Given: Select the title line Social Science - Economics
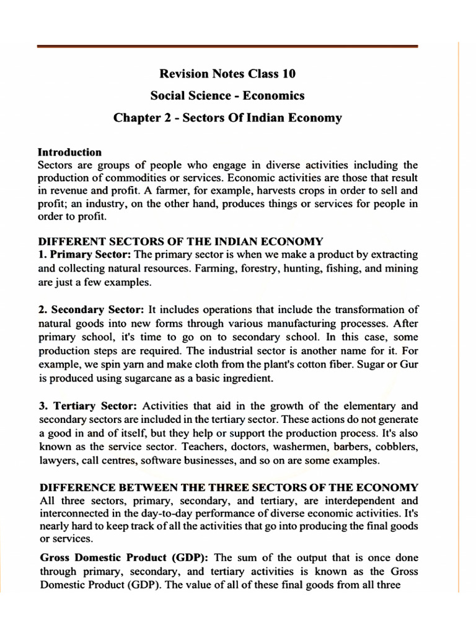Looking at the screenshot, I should [x=227, y=95].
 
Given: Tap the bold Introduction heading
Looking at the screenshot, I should [x=69, y=152].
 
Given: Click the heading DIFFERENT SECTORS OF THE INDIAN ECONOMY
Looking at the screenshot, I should [x=180, y=241].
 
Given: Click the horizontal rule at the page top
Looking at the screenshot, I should [x=227, y=47].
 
